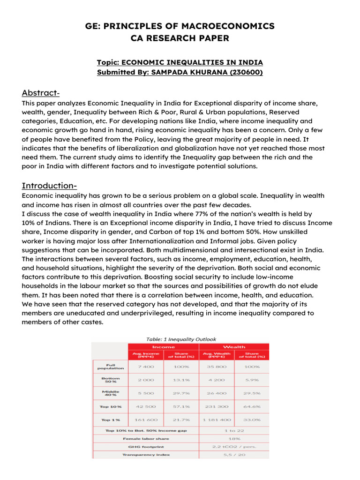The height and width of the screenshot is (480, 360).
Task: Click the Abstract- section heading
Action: click(x=41, y=92)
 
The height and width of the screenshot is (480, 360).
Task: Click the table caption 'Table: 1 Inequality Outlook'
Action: click(x=180, y=339)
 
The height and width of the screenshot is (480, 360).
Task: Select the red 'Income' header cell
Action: click(x=164, y=347)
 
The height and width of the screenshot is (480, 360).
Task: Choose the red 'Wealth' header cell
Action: click(x=234, y=347)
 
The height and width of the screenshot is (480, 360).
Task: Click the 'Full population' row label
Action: click(x=111, y=367)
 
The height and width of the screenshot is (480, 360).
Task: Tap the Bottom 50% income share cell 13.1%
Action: click(x=181, y=380)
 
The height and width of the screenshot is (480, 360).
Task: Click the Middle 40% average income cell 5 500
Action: click(x=146, y=393)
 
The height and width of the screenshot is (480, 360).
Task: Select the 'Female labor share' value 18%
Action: click(x=234, y=438)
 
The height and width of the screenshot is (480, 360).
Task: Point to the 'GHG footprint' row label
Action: click(x=146, y=446)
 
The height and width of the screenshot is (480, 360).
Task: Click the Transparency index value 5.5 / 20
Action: click(x=234, y=454)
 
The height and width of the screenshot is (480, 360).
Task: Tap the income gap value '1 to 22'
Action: click(x=234, y=430)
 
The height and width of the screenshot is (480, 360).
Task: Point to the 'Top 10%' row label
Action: click(x=111, y=406)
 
